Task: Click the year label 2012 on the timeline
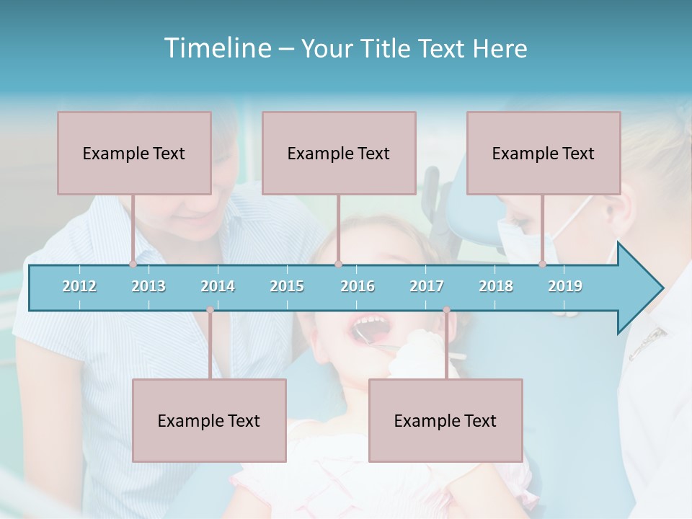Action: [79, 286]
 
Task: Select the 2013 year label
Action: [148, 286]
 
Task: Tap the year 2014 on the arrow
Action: [218, 286]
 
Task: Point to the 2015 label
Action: [287, 286]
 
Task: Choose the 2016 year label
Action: [358, 286]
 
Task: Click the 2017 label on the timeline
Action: [427, 286]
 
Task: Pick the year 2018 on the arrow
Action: [496, 286]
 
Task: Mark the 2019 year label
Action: [565, 286]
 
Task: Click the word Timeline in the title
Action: [216, 48]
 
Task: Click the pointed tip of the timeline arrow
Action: [661, 288]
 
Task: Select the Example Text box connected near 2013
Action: [134, 153]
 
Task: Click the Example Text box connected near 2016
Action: [339, 153]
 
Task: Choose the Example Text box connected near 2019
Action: [544, 153]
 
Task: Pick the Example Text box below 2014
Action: [209, 420]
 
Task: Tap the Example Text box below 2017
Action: [445, 420]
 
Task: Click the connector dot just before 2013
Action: [133, 265]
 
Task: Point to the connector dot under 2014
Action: [210, 310]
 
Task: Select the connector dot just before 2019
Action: [542, 265]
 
